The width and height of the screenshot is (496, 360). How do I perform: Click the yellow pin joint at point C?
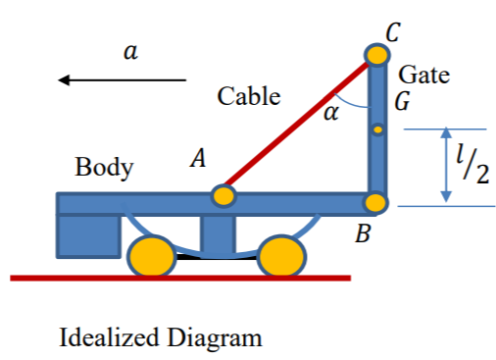pyautogui.click(x=376, y=54)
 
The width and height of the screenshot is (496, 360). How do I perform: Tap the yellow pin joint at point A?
pyautogui.click(x=224, y=195)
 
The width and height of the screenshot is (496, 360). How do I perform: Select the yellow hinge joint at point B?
pyautogui.click(x=376, y=204)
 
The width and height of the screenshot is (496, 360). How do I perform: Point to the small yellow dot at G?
pyautogui.click(x=376, y=129)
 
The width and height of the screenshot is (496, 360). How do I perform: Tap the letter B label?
pyautogui.click(x=363, y=235)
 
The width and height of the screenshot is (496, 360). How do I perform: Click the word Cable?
pyautogui.click(x=248, y=96)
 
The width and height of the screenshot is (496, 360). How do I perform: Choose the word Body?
pyautogui.click(x=104, y=168)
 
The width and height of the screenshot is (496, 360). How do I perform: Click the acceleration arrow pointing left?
pyautogui.click(x=122, y=79)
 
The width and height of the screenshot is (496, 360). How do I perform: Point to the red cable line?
pyautogui.click(x=294, y=129)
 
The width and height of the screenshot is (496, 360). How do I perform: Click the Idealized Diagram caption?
pyautogui.click(x=161, y=338)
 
